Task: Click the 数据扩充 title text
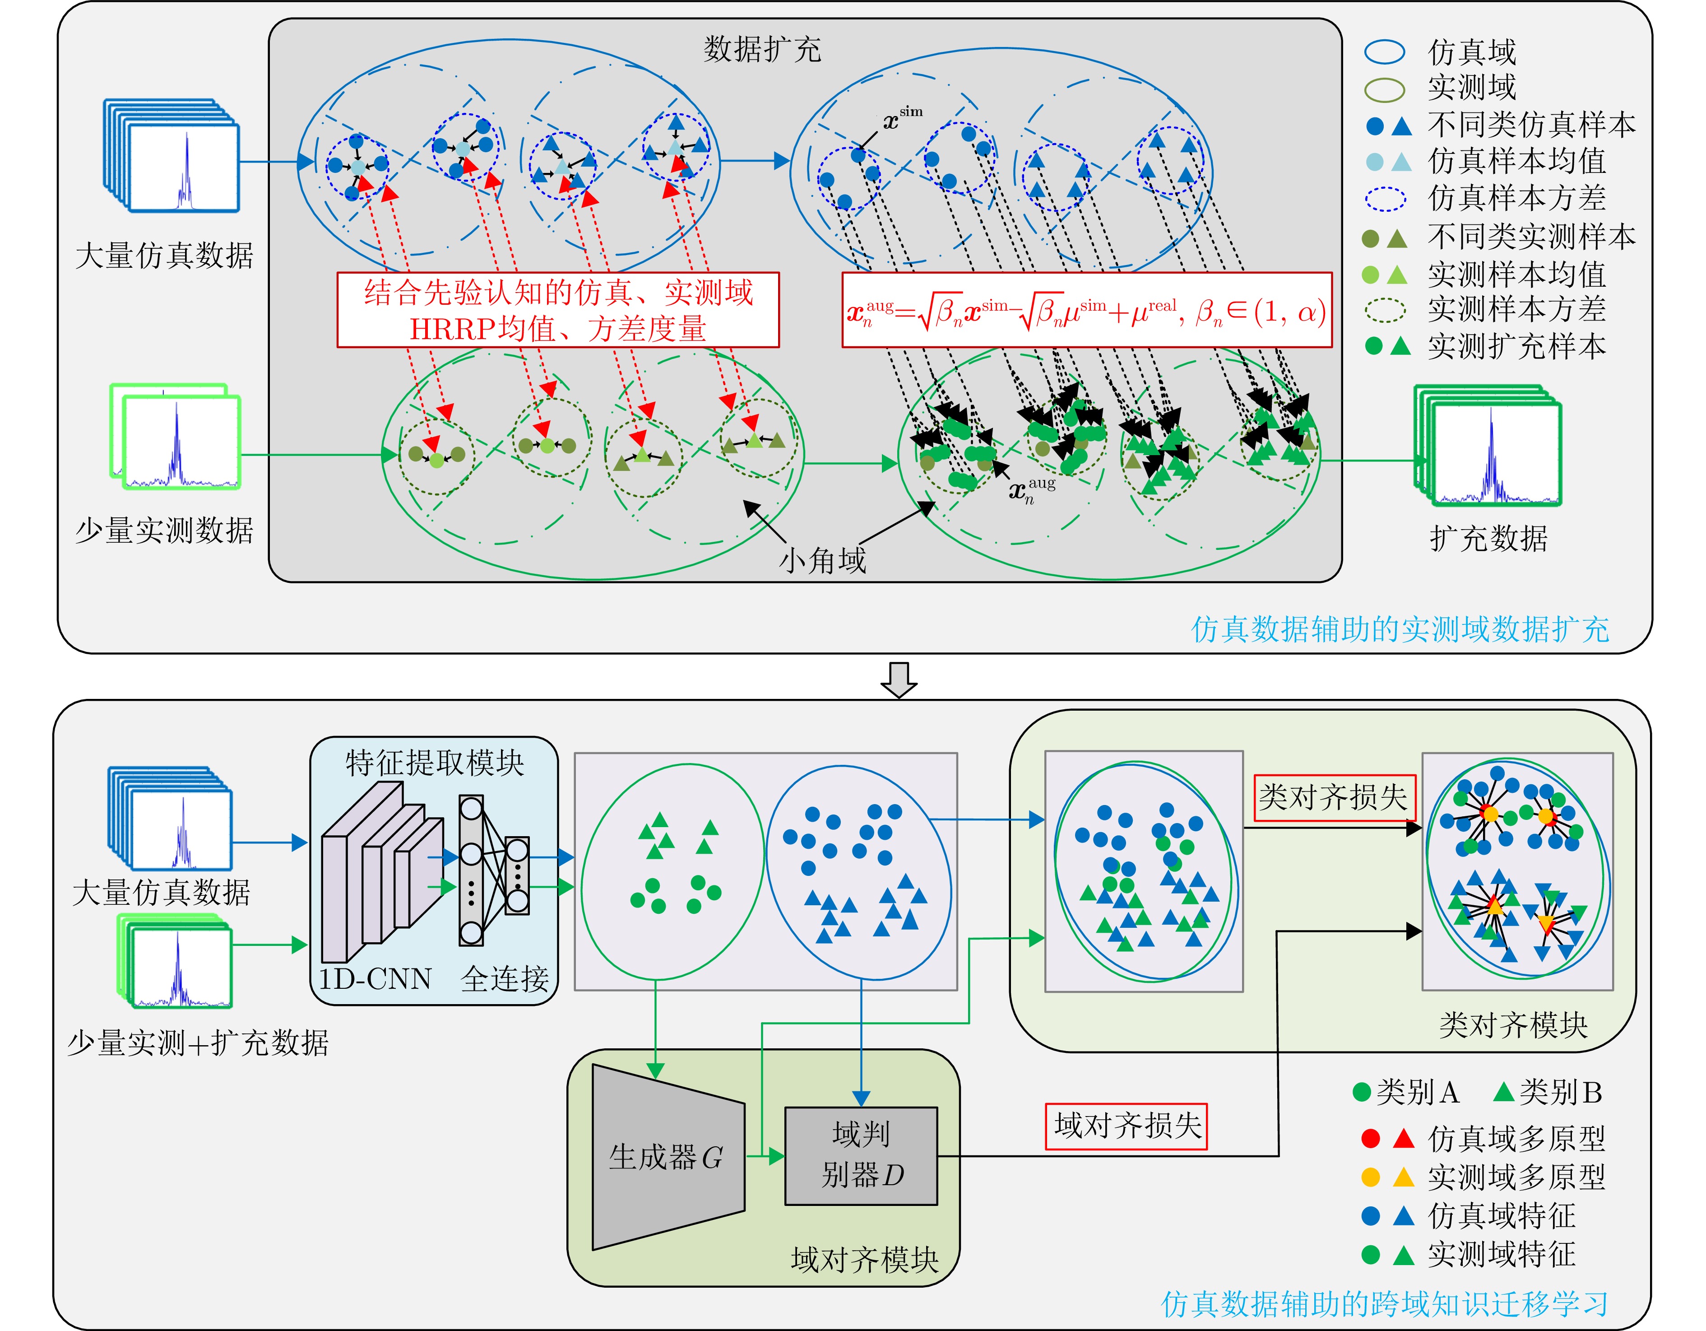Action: (x=762, y=49)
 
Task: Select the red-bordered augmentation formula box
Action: (x=1087, y=310)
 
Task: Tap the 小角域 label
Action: (x=822, y=559)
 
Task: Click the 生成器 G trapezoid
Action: (x=668, y=1157)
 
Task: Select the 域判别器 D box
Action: (x=861, y=1155)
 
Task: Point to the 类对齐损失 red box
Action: (x=1333, y=797)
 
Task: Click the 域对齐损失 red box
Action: (x=1127, y=1126)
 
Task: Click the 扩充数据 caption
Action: (x=1488, y=539)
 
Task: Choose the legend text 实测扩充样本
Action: (x=1516, y=346)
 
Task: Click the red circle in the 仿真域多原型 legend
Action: (x=1370, y=1138)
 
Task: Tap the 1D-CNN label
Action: (x=375, y=978)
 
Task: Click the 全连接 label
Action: (x=505, y=978)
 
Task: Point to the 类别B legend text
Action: (x=1560, y=1092)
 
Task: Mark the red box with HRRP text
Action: (x=558, y=310)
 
